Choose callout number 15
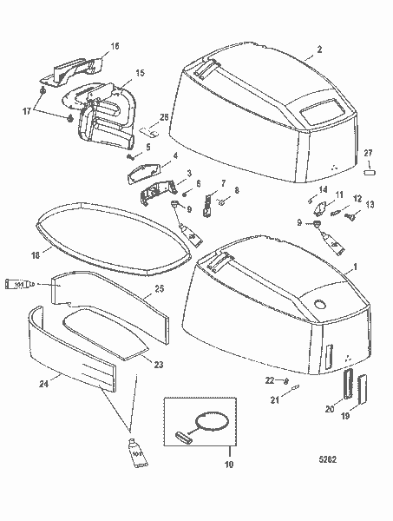pos(140,74)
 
